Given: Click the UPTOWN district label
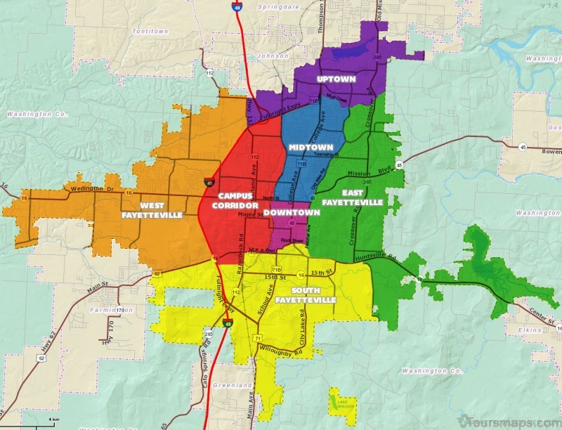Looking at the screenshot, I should [x=336, y=79].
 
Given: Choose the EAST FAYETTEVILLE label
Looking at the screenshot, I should [x=353, y=197].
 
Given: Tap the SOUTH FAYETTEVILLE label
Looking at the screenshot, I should [x=306, y=295].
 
